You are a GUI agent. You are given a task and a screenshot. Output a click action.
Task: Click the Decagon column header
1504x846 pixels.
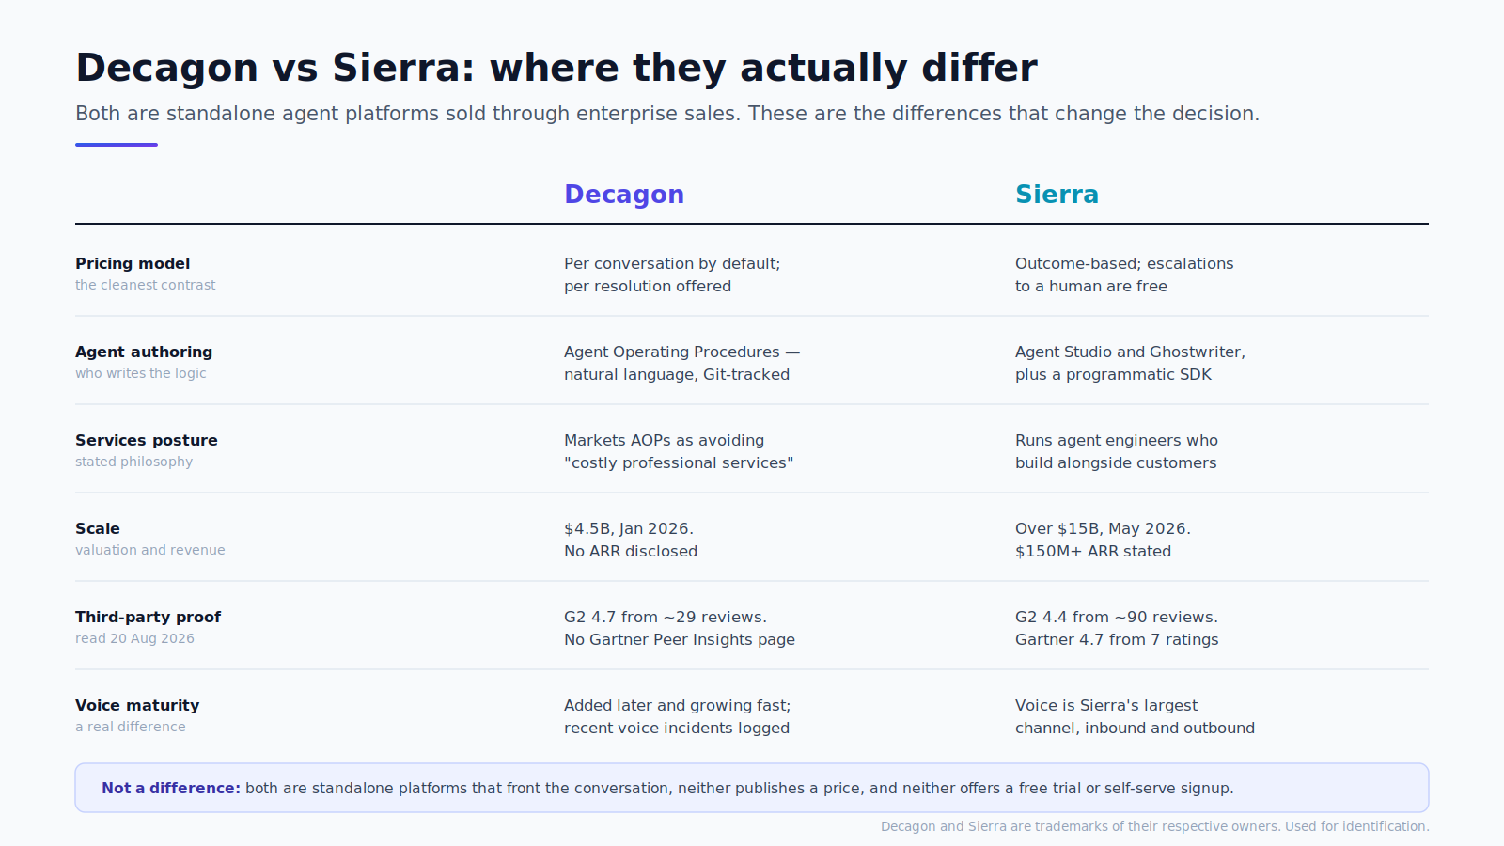coord(624,195)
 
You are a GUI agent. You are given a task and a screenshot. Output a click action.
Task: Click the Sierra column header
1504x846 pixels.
coord(1057,195)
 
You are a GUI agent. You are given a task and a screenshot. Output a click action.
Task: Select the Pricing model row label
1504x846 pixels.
coord(133,264)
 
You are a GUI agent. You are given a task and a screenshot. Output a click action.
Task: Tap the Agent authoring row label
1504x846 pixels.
coord(144,352)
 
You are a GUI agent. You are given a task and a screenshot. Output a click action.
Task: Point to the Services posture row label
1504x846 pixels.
coord(147,441)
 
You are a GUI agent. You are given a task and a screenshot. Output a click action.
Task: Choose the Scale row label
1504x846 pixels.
coord(98,529)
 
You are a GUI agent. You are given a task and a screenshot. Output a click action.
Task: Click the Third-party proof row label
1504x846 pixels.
coord(148,618)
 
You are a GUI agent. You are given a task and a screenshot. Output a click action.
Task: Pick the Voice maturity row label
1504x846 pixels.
coord(137,706)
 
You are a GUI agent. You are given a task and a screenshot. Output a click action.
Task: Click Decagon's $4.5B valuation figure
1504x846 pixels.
coord(588,529)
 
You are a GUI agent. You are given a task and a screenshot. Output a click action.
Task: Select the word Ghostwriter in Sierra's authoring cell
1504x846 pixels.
coord(1197,352)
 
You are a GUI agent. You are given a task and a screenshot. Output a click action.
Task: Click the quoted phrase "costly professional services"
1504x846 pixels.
coord(679,463)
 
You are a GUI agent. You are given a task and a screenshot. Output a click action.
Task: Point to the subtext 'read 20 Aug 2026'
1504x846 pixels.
coord(134,638)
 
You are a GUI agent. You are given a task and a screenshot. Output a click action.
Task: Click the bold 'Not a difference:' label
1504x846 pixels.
coord(170,789)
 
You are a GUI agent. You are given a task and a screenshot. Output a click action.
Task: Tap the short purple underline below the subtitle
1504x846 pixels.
coord(117,145)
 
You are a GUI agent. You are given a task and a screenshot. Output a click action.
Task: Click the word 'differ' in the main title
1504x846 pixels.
coord(979,68)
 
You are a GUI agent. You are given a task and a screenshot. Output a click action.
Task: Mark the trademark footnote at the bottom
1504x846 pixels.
coord(1155,826)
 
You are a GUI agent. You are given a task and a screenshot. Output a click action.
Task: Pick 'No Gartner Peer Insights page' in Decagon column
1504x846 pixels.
coord(680,640)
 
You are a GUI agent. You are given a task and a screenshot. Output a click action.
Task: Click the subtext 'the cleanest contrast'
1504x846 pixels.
coord(145,286)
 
